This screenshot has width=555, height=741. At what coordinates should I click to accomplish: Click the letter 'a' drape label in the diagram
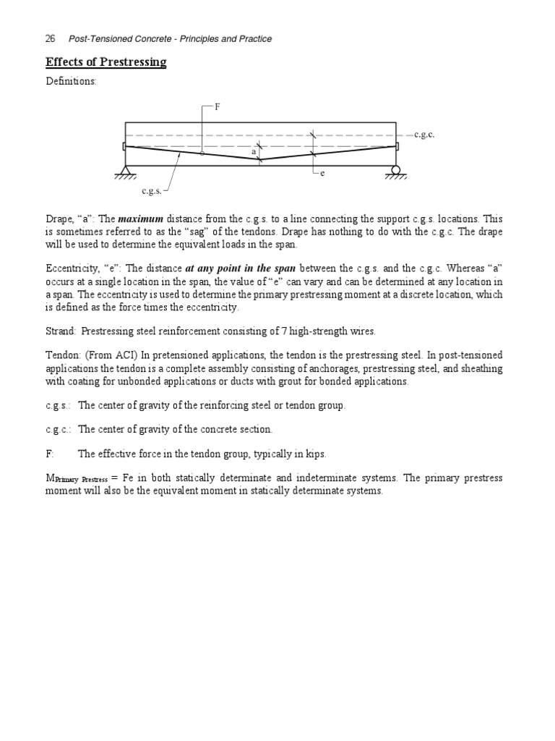click(x=254, y=153)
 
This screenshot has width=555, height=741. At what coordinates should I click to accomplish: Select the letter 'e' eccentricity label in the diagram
click(x=322, y=174)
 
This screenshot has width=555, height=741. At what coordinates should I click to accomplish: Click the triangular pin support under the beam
click(x=125, y=172)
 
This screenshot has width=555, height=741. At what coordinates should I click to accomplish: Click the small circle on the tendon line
click(x=202, y=153)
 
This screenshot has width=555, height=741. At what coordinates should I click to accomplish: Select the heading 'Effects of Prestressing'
click(x=106, y=62)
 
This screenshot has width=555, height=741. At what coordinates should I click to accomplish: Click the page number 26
click(x=51, y=38)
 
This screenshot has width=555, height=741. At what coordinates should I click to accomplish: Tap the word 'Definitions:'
click(x=71, y=82)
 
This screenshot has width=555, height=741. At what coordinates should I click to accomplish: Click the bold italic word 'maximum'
click(x=141, y=219)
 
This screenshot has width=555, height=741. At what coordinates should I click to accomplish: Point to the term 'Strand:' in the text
click(x=61, y=331)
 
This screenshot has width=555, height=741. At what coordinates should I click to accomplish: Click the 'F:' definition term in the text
click(x=50, y=454)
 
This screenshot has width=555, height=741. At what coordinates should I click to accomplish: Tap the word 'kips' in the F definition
click(x=314, y=454)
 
